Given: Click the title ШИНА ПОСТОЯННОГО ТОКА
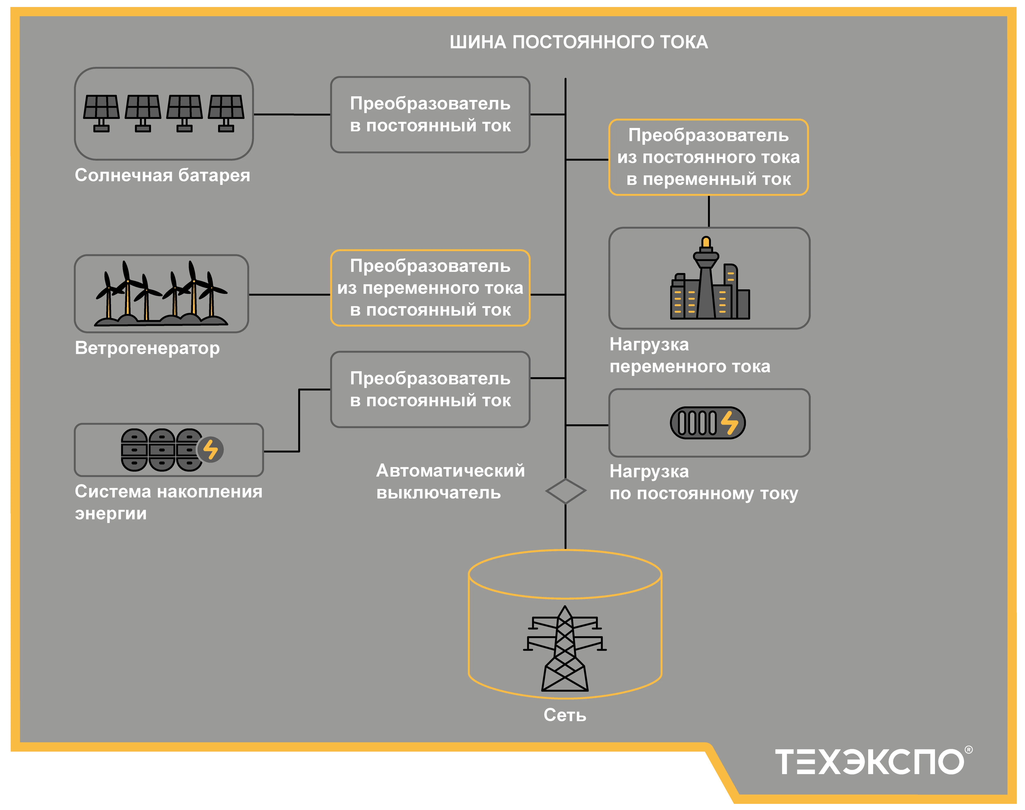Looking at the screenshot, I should (578, 42).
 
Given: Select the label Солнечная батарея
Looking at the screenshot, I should (162, 176).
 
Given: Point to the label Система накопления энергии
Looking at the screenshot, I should (168, 502).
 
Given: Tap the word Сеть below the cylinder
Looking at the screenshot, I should (565, 715).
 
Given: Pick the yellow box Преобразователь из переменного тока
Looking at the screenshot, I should (430, 288).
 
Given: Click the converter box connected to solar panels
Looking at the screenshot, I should (430, 115).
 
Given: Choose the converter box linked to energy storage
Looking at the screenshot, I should (430, 389).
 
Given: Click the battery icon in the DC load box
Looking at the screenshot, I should (707, 423).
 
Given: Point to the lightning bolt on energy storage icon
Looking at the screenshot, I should (211, 449).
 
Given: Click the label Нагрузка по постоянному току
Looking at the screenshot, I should (704, 482).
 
